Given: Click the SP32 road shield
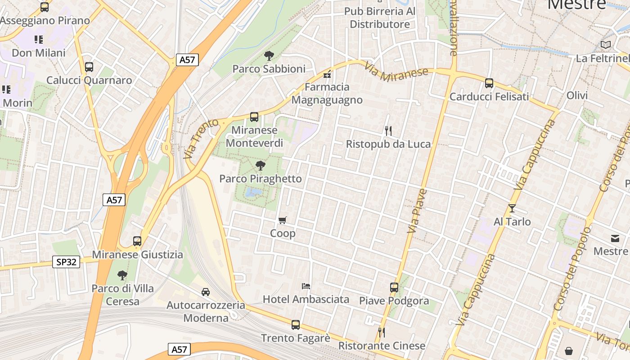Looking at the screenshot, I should click(x=67, y=262).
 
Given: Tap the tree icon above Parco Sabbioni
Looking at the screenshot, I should click(x=269, y=56).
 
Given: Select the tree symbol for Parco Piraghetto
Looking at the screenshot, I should click(x=260, y=166).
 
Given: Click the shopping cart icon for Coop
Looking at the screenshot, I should click(x=283, y=220).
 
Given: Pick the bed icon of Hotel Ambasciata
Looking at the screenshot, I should click(x=306, y=286).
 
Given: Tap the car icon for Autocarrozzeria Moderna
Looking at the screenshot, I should click(x=206, y=292).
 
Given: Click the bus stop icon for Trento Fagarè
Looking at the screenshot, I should click(x=296, y=324).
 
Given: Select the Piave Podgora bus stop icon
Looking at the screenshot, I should click(x=394, y=287).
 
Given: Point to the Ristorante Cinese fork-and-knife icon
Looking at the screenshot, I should click(x=382, y=333).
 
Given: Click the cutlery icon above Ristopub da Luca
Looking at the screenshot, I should click(x=388, y=131).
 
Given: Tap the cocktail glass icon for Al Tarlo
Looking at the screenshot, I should click(x=512, y=208).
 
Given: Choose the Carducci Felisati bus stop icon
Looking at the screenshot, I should click(x=489, y=83).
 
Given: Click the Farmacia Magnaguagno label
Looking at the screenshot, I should click(x=327, y=93).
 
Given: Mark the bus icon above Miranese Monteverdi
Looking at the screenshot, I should click(x=254, y=117).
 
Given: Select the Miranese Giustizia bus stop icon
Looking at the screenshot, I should click(x=137, y=241).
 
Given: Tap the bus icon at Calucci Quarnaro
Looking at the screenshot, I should click(x=89, y=67).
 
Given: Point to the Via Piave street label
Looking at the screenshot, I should click(x=417, y=211).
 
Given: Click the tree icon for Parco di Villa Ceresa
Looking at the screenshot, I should click(x=122, y=275).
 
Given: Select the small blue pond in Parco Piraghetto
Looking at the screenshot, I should click(x=253, y=193).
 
